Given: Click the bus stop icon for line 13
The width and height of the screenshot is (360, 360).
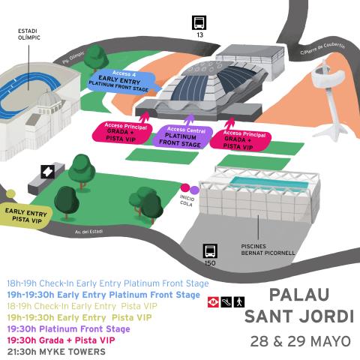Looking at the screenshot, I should tap(199, 22).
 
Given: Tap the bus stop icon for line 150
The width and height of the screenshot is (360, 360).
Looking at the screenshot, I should tap(211, 251).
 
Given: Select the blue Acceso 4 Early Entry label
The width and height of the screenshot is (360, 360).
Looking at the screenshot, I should tap(114, 79).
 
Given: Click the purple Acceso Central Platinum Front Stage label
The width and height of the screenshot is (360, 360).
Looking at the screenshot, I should tap(182, 136).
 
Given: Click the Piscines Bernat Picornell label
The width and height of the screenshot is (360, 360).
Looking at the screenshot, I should tap(268, 248).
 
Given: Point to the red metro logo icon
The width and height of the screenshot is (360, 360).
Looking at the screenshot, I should tap(213, 301).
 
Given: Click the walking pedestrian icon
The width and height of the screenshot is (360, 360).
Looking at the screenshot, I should tap(238, 301).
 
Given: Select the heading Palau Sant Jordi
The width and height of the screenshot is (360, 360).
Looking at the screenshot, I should tap(297, 303).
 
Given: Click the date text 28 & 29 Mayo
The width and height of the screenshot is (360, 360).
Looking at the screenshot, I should tap(300, 341).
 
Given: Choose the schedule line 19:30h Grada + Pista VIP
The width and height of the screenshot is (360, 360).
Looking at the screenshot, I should tap(61, 340).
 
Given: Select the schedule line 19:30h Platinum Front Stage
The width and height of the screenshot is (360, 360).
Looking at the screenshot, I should tap(68, 328).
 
